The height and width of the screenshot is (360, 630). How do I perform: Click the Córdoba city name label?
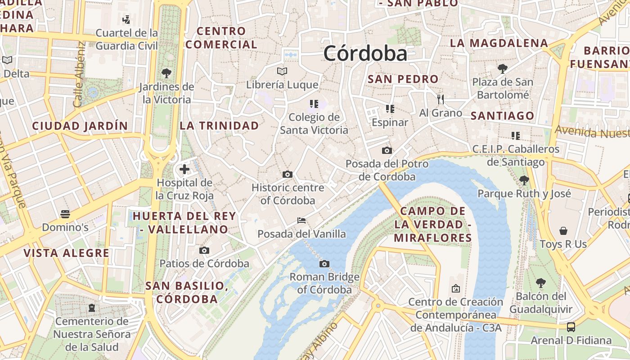[x=365, y=54]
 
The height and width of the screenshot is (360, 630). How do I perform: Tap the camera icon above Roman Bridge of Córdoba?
[x=324, y=264]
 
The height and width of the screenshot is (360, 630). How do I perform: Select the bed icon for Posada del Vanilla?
[x=301, y=220]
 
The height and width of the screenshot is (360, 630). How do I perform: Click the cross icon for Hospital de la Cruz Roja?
[x=184, y=169]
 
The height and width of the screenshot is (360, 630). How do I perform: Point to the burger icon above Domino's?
[x=65, y=214]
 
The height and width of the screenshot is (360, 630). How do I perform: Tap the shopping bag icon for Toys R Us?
[x=563, y=231]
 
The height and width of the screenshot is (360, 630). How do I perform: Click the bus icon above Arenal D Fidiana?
[x=571, y=327]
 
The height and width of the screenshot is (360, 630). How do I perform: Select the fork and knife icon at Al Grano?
[x=441, y=99]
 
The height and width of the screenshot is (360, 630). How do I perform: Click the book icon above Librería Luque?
[x=282, y=71]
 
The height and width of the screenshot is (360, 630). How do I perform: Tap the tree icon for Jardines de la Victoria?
[x=166, y=73]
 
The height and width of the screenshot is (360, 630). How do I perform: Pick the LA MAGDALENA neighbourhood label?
[x=499, y=43]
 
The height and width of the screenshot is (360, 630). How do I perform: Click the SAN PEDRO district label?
[x=403, y=79]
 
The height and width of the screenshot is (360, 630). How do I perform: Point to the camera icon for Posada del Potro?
[x=387, y=150]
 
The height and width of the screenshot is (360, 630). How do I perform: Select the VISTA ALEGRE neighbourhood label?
[x=66, y=253]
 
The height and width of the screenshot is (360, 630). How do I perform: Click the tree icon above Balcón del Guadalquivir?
[x=540, y=283]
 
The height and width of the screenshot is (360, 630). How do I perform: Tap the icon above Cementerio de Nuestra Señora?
[x=92, y=308]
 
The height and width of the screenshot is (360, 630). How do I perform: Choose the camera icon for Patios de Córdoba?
[x=204, y=250]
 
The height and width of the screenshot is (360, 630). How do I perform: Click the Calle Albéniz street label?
[x=79, y=74]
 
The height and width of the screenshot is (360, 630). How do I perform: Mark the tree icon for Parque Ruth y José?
[x=524, y=180]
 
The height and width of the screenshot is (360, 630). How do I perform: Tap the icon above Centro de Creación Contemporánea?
[x=455, y=288]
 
